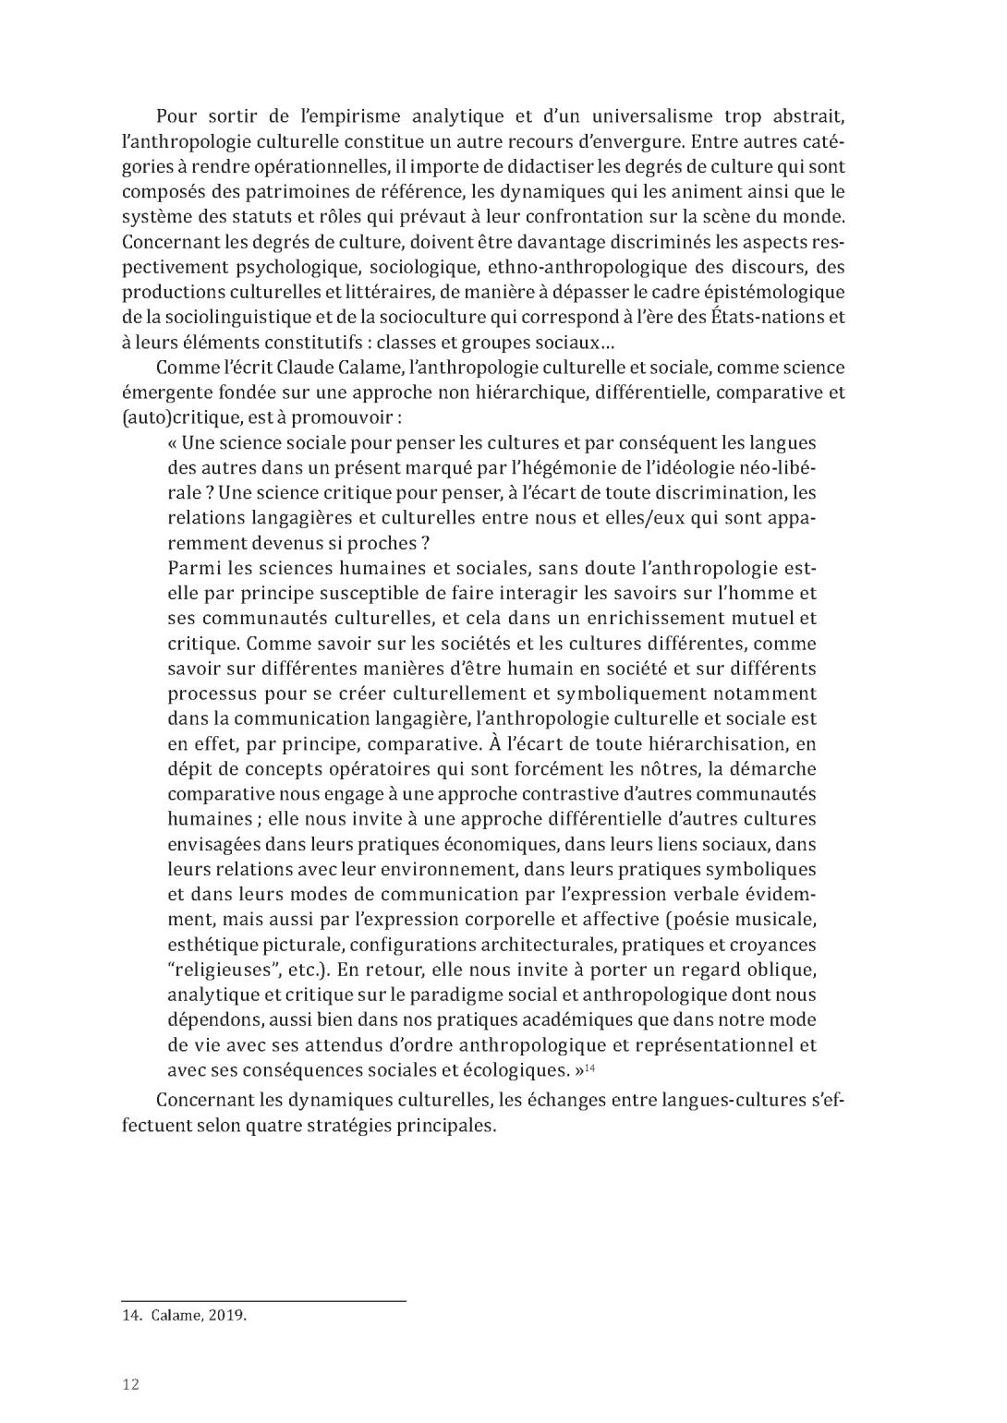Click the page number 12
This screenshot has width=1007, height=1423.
(x=130, y=1383)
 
